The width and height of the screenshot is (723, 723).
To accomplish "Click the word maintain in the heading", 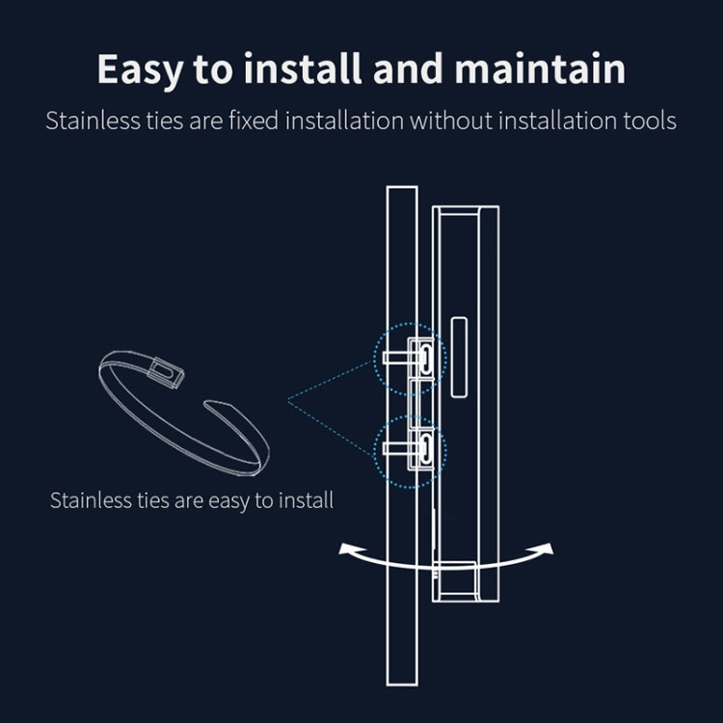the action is (540, 68).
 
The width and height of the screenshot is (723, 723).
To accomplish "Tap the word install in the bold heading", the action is (303, 68).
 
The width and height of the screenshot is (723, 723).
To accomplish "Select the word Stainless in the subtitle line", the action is (93, 120).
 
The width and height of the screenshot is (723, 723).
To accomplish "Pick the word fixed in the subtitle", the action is (254, 120).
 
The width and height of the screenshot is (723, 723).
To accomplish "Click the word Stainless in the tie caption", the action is (91, 500).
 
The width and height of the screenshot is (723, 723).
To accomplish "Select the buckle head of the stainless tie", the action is (166, 372).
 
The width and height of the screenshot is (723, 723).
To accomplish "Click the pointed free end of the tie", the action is (206, 404).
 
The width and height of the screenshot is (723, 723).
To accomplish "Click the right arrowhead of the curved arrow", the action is (545, 549).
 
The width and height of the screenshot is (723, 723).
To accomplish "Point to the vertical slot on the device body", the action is (459, 357).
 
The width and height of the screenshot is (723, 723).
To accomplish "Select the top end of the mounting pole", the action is (402, 187).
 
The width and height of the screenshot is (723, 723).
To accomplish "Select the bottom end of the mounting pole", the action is (402, 684).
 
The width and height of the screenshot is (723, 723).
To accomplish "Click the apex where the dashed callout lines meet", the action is (288, 401).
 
